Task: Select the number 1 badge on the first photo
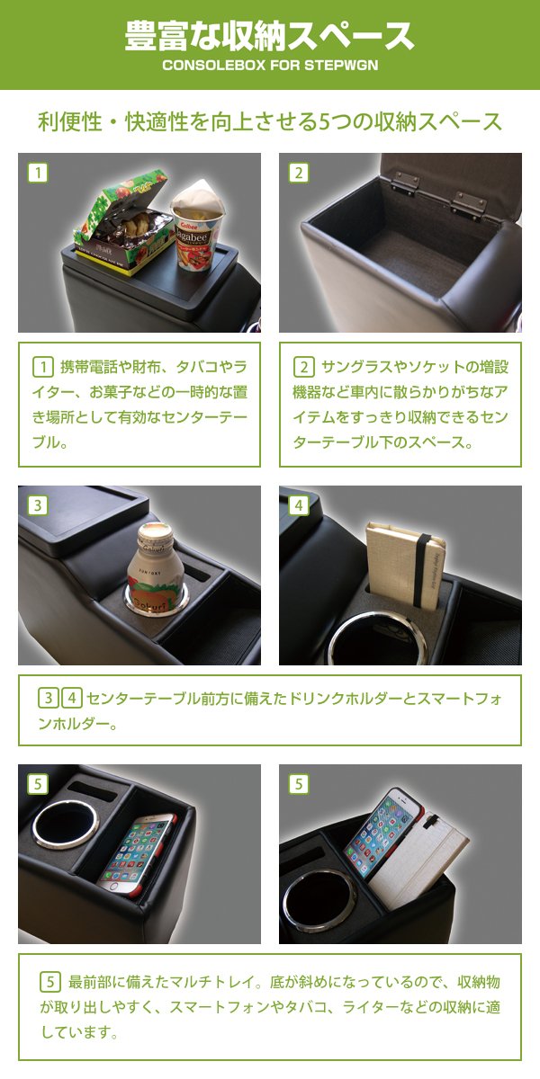38,173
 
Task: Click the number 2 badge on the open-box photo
299,173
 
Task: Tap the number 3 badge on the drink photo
38,505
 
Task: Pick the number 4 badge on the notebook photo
299,505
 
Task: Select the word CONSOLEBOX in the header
214,65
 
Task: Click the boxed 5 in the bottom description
50,982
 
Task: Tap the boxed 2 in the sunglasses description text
304,367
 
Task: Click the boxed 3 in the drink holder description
49,698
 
